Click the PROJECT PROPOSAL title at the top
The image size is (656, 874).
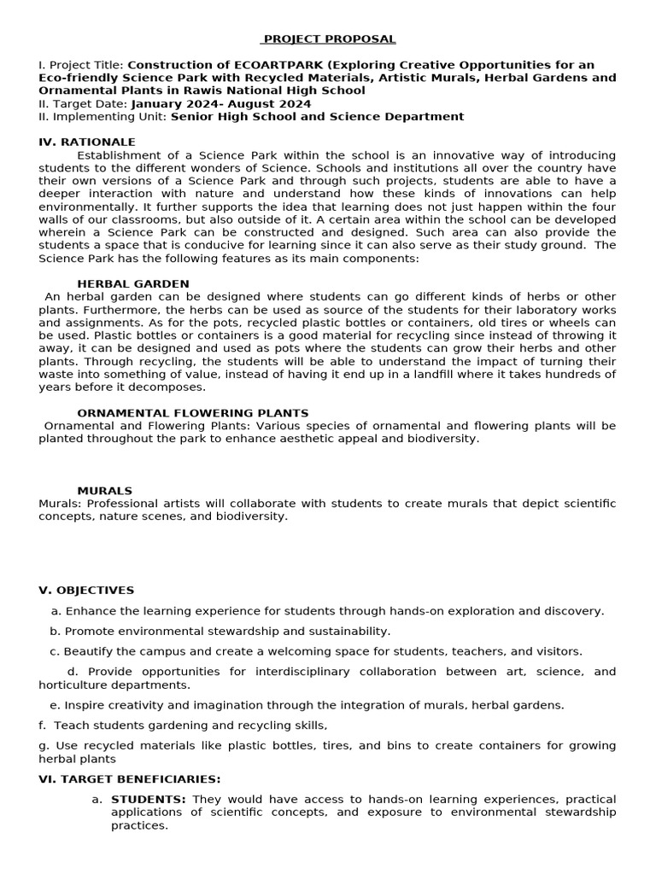pos(329,39)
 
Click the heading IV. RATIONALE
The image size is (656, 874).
pos(87,142)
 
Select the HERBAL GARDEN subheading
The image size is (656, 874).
pos(133,283)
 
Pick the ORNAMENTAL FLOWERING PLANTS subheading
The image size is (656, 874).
pos(193,413)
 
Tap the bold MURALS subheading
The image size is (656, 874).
pos(104,491)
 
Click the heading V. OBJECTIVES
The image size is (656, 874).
pos(86,590)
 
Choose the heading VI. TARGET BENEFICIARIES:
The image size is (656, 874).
pos(130,778)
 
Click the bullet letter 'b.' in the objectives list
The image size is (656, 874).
pos(56,632)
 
